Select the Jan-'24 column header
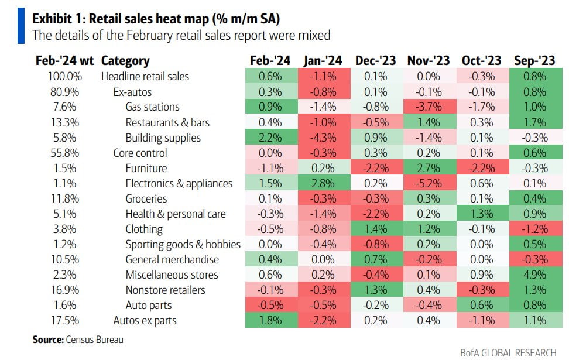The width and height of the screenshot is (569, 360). [x=323, y=61]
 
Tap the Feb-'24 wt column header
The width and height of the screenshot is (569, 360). [x=64, y=61]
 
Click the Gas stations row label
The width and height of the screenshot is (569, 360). [x=152, y=107]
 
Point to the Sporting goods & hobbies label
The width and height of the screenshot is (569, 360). [x=183, y=245]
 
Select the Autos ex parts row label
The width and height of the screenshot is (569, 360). [x=145, y=321]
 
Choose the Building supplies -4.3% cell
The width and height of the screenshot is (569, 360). [x=323, y=138]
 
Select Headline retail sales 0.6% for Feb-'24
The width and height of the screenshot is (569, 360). [x=270, y=77]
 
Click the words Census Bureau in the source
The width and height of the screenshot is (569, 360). [x=95, y=340]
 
